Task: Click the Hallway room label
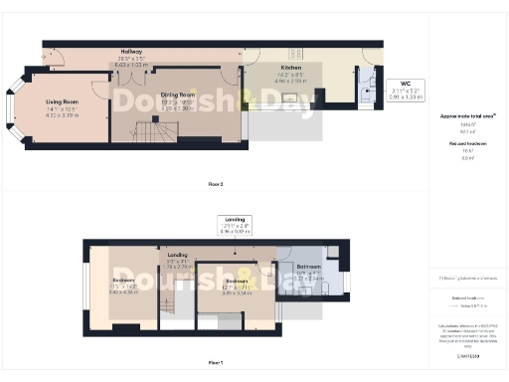tap(131, 51)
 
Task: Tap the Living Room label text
tap(63, 100)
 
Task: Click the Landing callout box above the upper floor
tap(236, 224)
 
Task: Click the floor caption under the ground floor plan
tap(214, 185)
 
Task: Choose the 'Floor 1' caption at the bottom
tap(214, 362)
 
